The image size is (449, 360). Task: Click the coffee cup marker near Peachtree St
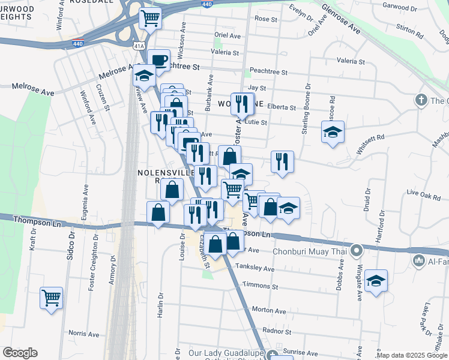click(158, 60)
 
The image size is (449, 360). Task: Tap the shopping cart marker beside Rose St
click(149, 17)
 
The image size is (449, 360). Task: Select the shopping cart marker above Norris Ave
click(52, 298)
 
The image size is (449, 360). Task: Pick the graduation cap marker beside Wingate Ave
click(376, 281)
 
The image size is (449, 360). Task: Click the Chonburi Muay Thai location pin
click(357, 250)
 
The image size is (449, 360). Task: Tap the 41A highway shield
click(139, 45)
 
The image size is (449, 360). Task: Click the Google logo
click(20, 353)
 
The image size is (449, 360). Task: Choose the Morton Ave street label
click(268, 309)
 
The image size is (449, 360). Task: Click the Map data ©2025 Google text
click(412, 355)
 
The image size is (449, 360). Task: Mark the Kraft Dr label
click(33, 239)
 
